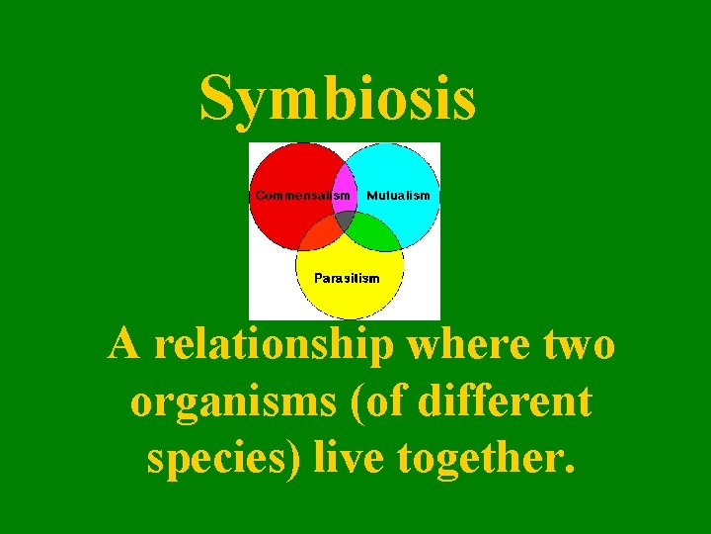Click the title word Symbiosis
coord(338,101)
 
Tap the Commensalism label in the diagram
coord(302,196)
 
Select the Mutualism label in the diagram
coord(398,196)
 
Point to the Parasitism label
coord(347,278)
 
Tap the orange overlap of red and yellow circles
coord(317,234)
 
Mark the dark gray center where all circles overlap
coord(345,219)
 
